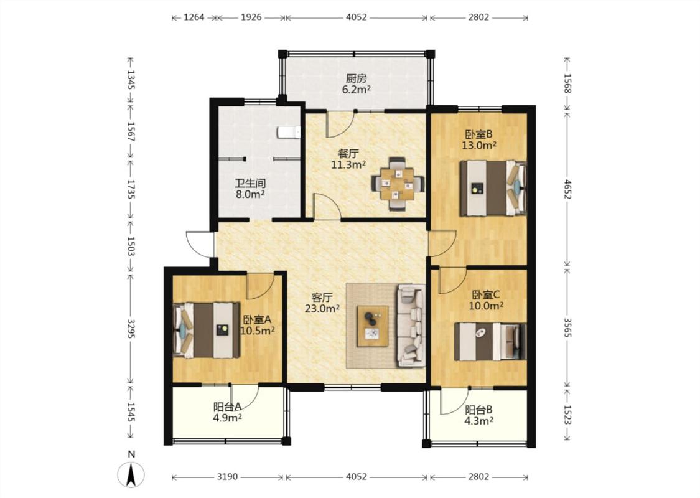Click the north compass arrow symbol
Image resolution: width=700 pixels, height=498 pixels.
[x=131, y=474]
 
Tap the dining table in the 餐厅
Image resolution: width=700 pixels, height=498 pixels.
[x=398, y=184]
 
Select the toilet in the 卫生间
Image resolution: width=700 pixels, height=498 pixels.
[x=289, y=132]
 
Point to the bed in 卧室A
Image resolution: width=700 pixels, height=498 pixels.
[x=206, y=330]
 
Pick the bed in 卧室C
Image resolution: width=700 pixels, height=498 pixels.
[x=490, y=341]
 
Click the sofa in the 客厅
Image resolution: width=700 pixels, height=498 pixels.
[x=411, y=325]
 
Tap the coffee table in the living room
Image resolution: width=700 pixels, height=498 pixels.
[x=372, y=326]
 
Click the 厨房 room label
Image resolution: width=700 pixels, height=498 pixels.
[x=357, y=78]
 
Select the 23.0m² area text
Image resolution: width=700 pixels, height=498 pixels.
[x=322, y=308]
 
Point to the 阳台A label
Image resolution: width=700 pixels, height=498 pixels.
[x=227, y=407]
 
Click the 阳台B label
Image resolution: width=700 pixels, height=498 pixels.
[x=478, y=410]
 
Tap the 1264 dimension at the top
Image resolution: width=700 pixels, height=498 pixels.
[x=194, y=17]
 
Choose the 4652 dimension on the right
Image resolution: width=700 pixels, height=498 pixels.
[x=567, y=189]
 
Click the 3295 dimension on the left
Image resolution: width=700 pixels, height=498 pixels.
[x=131, y=328]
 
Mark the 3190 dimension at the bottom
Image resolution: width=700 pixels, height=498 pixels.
[x=227, y=477]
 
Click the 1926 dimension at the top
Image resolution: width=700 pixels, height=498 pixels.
[x=251, y=17]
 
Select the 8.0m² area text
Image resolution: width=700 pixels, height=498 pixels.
[x=250, y=194]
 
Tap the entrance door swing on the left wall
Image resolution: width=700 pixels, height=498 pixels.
[x=199, y=244]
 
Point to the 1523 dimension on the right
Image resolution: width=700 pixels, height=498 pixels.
[x=567, y=415]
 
